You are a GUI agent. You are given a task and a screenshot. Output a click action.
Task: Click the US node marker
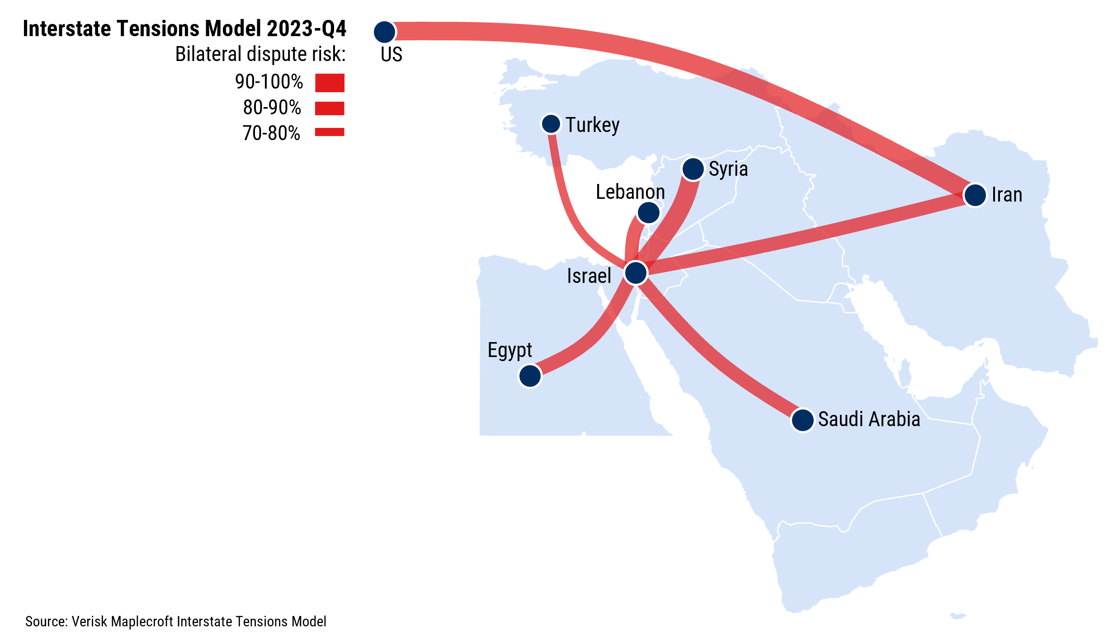click(385, 32)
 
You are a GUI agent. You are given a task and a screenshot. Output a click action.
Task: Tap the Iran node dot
click(975, 195)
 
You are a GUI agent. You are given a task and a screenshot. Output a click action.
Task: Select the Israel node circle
click(636, 273)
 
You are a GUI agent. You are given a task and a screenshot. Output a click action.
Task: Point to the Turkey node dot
click(551, 124)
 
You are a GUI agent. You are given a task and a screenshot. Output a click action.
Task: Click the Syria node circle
click(693, 169)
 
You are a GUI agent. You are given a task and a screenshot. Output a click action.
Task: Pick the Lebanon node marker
click(648, 212)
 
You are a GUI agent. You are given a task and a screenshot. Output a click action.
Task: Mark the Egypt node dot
click(530, 376)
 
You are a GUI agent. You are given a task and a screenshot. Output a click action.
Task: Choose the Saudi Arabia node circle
click(802, 420)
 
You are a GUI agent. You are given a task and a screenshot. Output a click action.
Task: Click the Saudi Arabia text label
click(869, 419)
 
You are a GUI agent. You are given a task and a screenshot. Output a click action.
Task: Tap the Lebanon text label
click(630, 192)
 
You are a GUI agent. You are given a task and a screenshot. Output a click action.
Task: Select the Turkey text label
click(592, 125)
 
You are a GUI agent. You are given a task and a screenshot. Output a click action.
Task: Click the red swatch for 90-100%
click(330, 83)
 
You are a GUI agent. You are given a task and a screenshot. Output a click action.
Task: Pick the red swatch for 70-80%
click(330, 132)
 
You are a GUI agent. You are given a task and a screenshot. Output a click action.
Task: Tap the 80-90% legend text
click(272, 108)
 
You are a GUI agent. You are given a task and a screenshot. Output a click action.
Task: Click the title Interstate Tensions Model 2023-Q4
click(184, 29)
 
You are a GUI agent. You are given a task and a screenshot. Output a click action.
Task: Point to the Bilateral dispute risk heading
click(260, 54)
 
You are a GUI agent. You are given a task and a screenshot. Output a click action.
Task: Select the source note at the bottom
click(176, 622)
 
